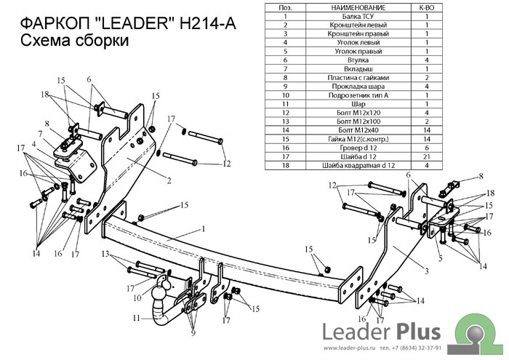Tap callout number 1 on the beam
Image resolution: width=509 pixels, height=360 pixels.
204,230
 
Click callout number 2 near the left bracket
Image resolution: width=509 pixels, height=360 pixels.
169,180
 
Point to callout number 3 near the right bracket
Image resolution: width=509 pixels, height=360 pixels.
428,271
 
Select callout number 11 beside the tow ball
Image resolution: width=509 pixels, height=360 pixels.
136,318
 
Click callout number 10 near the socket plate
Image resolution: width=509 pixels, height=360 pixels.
137,297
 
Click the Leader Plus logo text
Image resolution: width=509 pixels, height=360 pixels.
382,332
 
